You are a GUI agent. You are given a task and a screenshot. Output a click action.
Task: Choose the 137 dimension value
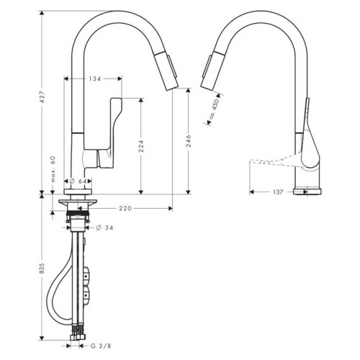[x=280, y=192]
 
